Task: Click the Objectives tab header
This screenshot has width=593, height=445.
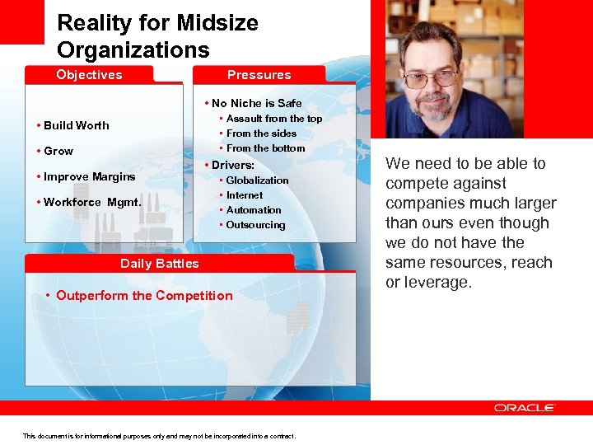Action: (89, 75)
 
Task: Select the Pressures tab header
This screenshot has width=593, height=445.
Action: (259, 75)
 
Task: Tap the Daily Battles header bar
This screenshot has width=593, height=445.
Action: (159, 264)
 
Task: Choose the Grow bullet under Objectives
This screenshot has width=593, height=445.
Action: (58, 152)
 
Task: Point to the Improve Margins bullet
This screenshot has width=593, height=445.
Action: (89, 176)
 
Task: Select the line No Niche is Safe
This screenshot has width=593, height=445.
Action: (256, 103)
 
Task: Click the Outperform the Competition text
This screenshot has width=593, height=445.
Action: (144, 296)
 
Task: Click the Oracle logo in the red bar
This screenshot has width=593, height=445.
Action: (525, 408)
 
